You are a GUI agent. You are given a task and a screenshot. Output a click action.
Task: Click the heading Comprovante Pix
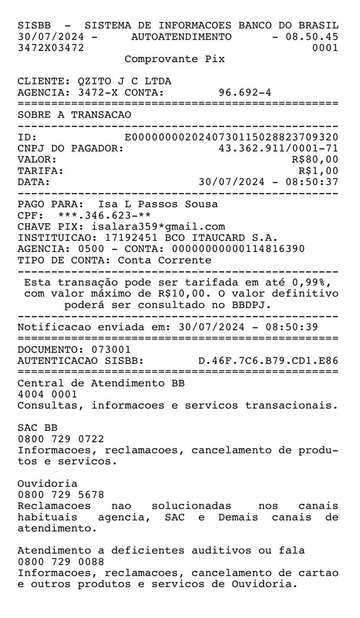coord(174,59)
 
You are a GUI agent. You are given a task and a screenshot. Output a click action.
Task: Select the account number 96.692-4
coord(245,92)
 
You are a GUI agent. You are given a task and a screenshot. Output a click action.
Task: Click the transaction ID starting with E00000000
coord(231,138)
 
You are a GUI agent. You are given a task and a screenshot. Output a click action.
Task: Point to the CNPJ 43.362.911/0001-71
coord(278,148)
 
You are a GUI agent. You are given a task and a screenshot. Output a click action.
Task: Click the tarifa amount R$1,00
coord(318,170)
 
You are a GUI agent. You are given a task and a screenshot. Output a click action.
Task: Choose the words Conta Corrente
coord(164,260)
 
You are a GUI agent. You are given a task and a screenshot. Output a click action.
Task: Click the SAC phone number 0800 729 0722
coord(60,439)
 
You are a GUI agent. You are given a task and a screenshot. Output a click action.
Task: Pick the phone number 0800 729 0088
coord(60,562)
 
